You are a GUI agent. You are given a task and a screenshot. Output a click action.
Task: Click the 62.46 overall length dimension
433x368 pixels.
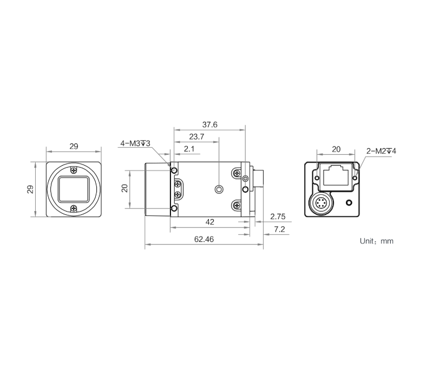(x=204, y=239)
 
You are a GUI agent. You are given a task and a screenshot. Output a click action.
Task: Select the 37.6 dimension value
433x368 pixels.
(x=210, y=125)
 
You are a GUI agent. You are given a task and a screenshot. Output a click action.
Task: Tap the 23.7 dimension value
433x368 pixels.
(x=196, y=137)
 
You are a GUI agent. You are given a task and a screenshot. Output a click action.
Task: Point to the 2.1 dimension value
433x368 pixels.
(x=189, y=149)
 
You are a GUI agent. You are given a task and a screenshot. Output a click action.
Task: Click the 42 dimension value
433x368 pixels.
(x=210, y=222)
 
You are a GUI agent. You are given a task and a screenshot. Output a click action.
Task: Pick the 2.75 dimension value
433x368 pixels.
(x=278, y=216)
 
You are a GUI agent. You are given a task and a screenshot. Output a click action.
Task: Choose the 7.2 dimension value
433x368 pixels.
(x=279, y=229)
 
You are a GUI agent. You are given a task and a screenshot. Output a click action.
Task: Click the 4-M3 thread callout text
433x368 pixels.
(x=135, y=143)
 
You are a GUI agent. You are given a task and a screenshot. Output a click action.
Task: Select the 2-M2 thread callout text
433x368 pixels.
(x=381, y=152)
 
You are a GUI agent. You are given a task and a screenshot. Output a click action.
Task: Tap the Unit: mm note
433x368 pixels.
(x=376, y=241)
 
